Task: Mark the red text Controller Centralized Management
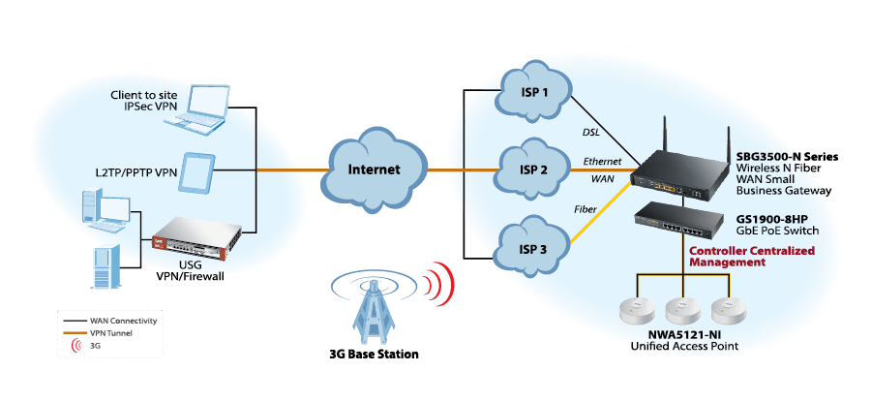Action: pyautogui.click(x=751, y=256)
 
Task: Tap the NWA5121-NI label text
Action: pyautogui.click(x=683, y=335)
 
